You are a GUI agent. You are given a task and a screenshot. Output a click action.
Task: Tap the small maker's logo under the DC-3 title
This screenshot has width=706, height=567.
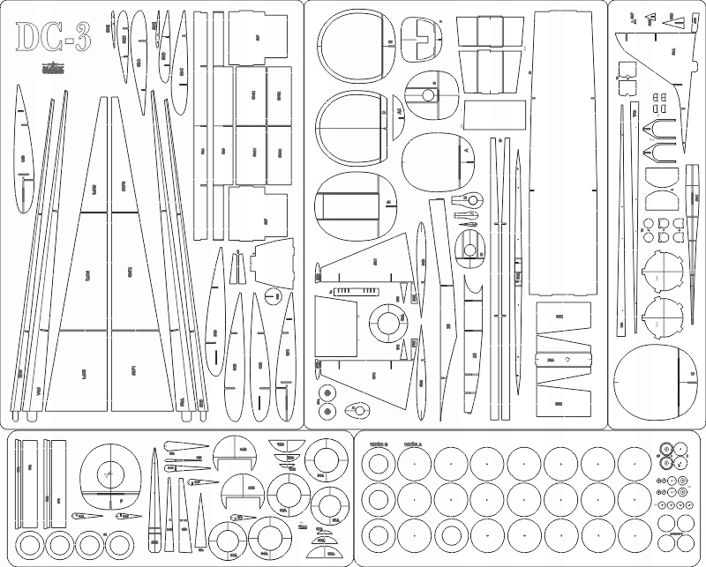[x=52, y=68]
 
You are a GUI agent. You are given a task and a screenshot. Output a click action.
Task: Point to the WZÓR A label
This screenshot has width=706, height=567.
[x=412, y=444]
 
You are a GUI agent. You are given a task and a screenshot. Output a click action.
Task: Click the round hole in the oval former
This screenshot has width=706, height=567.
[x=429, y=95]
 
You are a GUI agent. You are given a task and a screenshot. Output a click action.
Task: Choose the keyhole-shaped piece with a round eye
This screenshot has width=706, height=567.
[x=471, y=199]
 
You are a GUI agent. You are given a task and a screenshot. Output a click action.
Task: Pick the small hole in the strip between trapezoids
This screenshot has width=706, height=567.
[x=562, y=361]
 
